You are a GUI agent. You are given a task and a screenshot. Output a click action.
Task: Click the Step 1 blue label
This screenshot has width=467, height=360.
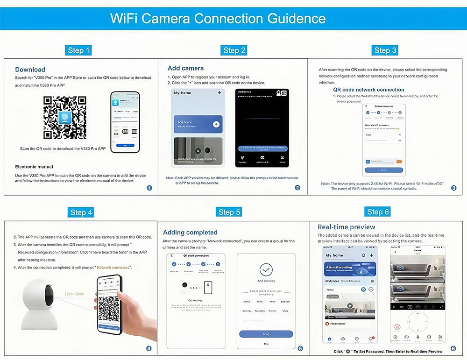pos(79,50)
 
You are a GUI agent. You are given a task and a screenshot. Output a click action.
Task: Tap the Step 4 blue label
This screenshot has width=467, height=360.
pos(81,212)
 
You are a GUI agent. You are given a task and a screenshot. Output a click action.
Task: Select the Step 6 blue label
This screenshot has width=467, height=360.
pos(378,212)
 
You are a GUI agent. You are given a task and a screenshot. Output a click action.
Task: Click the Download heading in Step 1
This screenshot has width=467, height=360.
pos(30,70)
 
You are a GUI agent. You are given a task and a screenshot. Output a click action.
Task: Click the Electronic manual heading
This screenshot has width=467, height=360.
pos(34,167)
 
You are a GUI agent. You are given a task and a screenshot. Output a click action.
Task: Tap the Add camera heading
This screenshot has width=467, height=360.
pos(186,68)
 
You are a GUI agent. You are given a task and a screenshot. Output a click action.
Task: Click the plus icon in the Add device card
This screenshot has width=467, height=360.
pos(216,124)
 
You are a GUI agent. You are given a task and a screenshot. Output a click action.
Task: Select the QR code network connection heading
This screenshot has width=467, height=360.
pos(368,90)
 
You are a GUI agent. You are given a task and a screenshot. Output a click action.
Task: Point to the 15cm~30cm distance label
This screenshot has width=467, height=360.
pos(75,294)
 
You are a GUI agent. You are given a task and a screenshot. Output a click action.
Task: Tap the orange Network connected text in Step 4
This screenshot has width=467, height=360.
pos(113,268)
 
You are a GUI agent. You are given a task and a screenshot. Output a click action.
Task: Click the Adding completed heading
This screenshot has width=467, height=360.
pos(190,233)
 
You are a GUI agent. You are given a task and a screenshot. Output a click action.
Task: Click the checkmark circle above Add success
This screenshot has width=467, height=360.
pos(266,270)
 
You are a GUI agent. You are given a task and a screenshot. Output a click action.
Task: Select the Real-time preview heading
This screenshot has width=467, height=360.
pos(347,227)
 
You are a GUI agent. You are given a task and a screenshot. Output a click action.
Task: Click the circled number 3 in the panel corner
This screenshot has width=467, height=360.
pos(453,188)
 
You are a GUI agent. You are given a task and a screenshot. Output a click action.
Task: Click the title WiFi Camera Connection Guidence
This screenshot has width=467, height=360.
pos(218,19)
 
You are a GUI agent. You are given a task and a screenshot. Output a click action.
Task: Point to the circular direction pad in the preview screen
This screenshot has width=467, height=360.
pos(417,323)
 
